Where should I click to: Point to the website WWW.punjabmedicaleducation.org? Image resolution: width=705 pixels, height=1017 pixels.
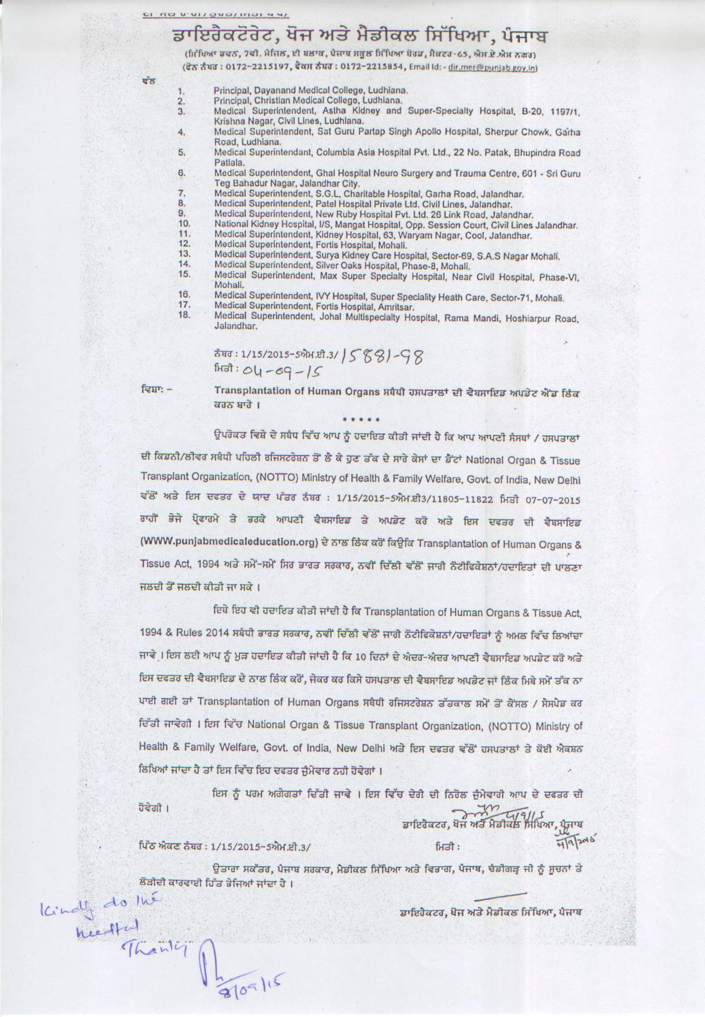230,543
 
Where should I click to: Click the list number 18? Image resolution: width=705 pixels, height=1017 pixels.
184,315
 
